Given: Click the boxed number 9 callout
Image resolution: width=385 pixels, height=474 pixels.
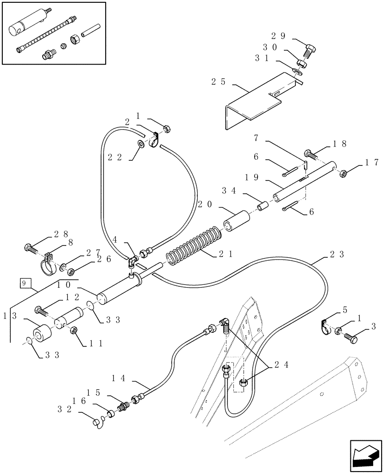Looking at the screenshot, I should pyautogui.click(x=24, y=284).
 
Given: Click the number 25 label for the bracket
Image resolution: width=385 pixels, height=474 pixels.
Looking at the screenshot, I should pyautogui.click(x=218, y=82).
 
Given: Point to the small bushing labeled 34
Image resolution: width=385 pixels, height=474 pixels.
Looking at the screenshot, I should pyautogui.click(x=262, y=207).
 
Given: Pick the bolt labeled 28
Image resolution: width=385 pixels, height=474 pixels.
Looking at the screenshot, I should pyautogui.click(x=31, y=247).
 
